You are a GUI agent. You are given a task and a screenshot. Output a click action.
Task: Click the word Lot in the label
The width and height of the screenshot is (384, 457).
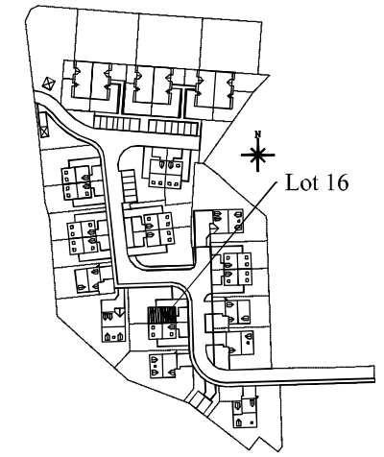300,182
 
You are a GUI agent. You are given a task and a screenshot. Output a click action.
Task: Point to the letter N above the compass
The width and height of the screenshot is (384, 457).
258,134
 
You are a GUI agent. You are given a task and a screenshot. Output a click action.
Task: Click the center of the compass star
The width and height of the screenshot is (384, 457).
257,156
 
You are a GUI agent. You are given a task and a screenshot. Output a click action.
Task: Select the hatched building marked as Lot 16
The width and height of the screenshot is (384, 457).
162,315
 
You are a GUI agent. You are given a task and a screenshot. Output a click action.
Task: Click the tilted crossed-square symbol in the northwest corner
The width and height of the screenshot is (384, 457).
49,84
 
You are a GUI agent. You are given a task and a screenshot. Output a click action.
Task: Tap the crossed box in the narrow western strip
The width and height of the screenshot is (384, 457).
44,132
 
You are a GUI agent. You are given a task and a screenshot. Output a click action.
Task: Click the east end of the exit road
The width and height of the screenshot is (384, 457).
374,373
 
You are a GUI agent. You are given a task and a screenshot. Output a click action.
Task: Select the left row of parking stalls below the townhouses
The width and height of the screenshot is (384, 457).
117,123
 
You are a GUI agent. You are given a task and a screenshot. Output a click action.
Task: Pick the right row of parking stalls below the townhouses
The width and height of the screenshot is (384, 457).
174,128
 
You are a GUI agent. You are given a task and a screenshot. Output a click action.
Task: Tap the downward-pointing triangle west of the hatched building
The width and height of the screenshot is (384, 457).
119,312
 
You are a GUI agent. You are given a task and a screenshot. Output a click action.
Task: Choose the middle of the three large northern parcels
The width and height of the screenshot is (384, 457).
171,39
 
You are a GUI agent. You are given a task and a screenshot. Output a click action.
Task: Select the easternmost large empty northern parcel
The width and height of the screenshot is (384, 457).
231,45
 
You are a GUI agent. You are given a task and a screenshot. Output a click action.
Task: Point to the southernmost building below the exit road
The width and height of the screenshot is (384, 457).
246,412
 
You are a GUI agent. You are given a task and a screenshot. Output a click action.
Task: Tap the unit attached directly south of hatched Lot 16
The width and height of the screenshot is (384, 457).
162,331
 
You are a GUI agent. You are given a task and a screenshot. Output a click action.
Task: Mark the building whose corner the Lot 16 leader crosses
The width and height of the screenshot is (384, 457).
228,221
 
